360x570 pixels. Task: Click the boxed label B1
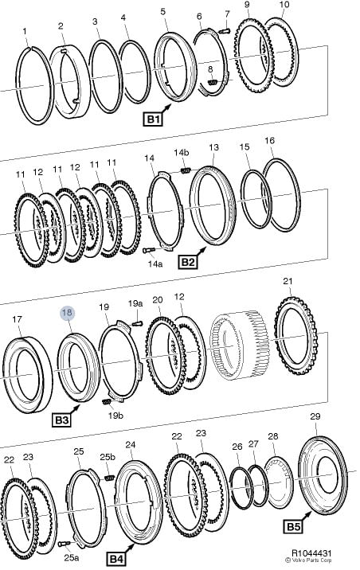[153, 119]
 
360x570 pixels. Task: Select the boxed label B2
[188, 262]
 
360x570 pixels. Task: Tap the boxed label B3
[61, 420]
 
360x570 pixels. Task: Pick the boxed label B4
[116, 559]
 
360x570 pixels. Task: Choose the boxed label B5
[293, 526]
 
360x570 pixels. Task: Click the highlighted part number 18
[67, 312]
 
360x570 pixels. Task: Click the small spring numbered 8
[213, 82]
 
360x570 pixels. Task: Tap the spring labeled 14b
[186, 170]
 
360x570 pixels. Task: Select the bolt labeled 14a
[149, 250]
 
